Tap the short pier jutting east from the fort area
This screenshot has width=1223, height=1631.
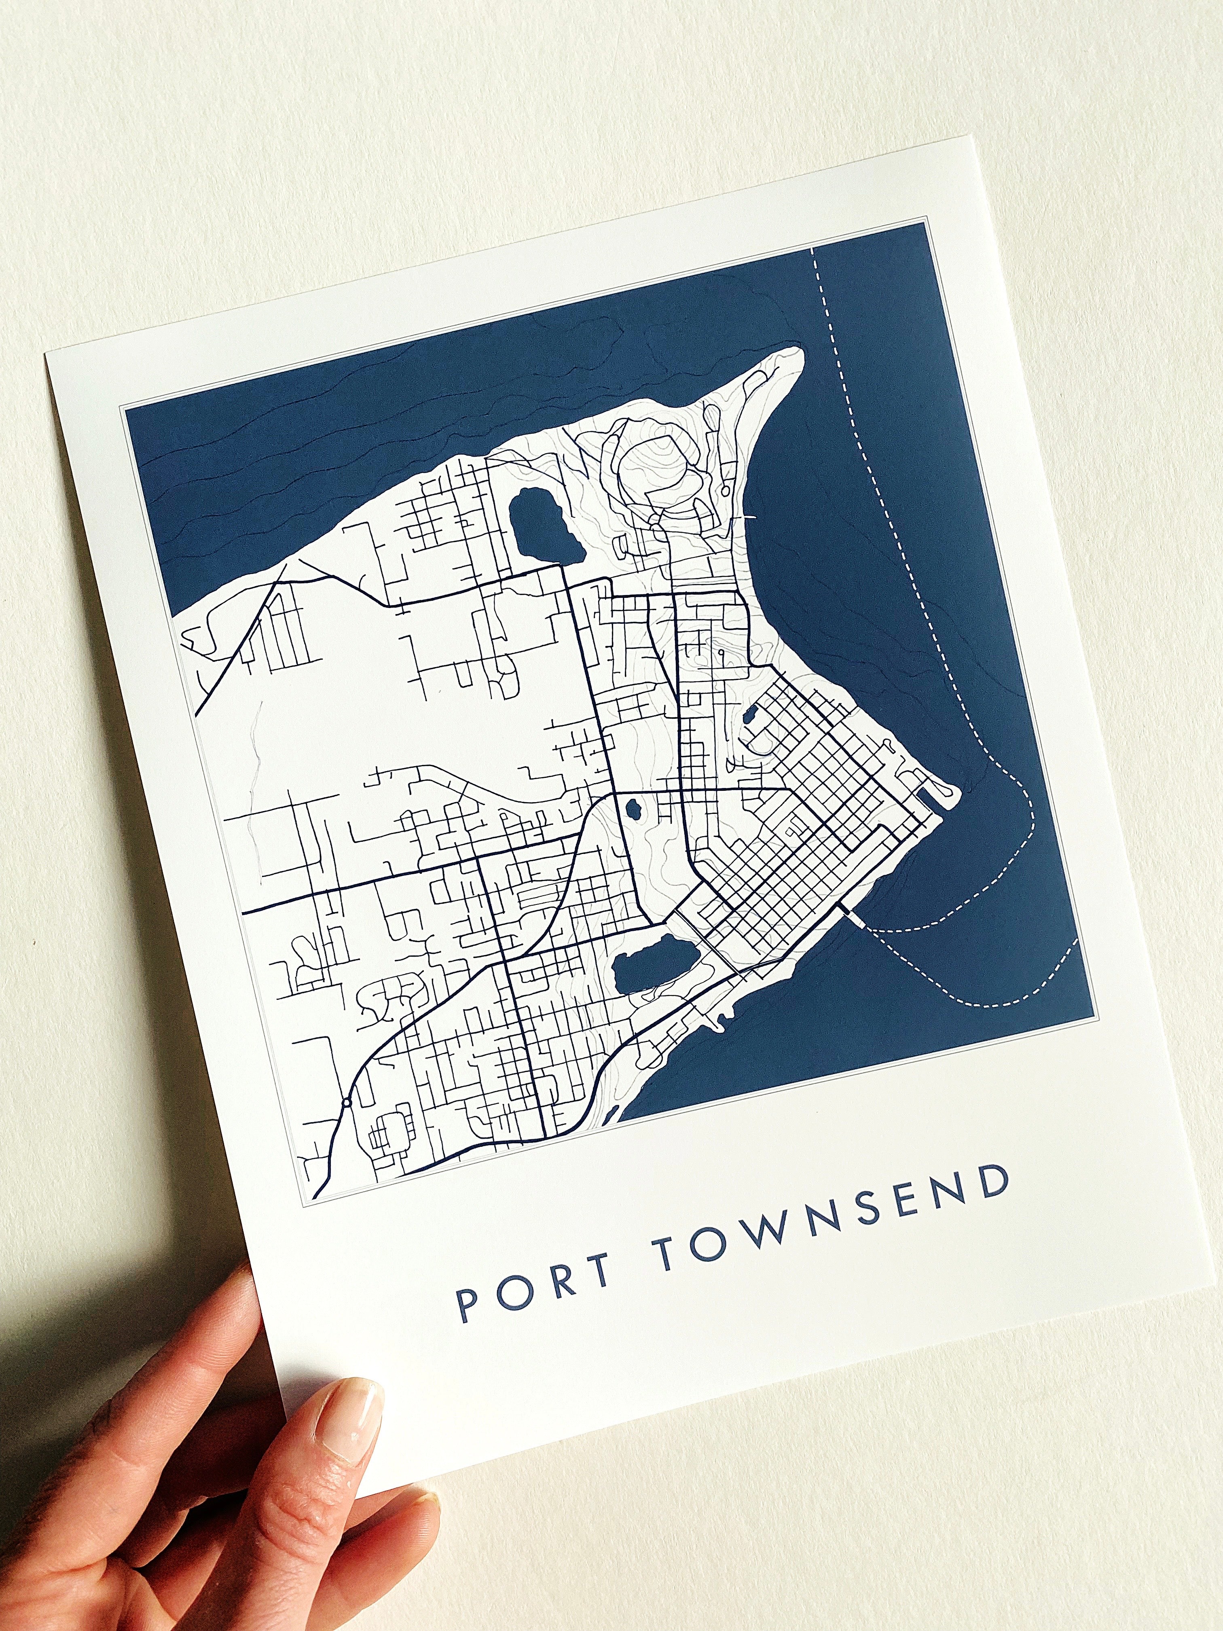(748, 518)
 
